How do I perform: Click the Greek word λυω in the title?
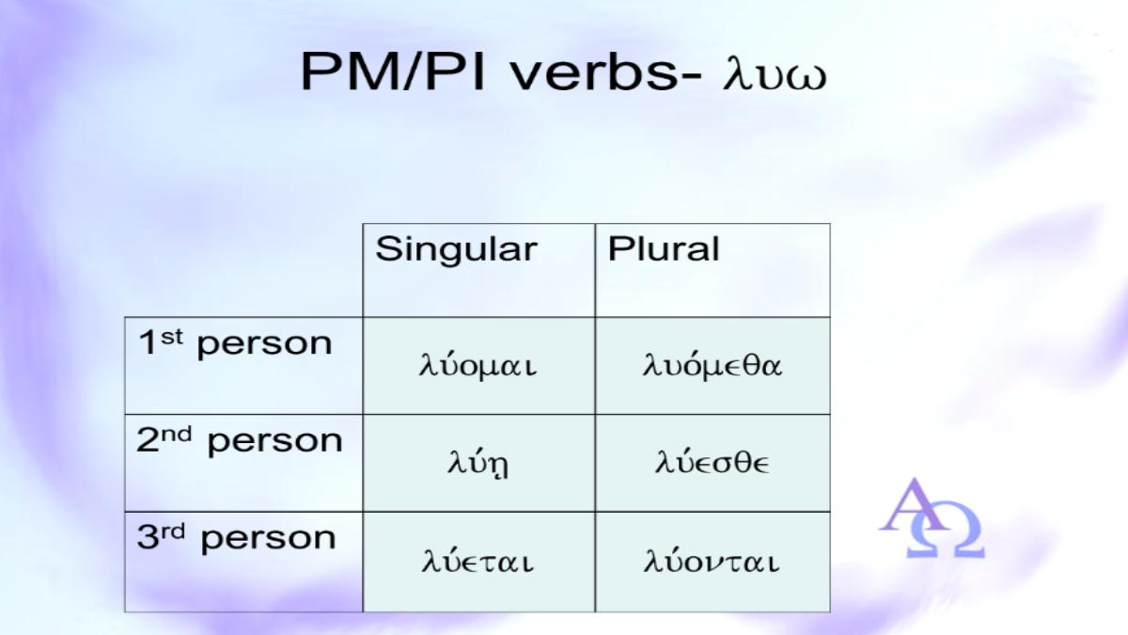[x=775, y=76]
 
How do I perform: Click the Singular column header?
[x=456, y=249]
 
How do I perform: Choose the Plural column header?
[x=664, y=248]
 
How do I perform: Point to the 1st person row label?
[x=235, y=343]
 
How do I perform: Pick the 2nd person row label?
[x=240, y=441]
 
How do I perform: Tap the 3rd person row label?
[x=236, y=539]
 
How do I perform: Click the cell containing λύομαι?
[x=478, y=366]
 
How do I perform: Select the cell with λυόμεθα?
[x=713, y=365]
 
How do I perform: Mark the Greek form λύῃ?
[x=478, y=464]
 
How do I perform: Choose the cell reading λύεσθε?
[x=713, y=462]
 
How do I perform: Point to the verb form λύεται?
[x=478, y=561]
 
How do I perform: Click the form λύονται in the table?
[x=712, y=561]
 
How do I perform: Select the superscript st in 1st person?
[x=172, y=337]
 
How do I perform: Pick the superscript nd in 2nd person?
[x=177, y=434]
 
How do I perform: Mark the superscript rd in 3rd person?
[x=173, y=532]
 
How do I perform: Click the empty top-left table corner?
[x=243, y=270]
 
